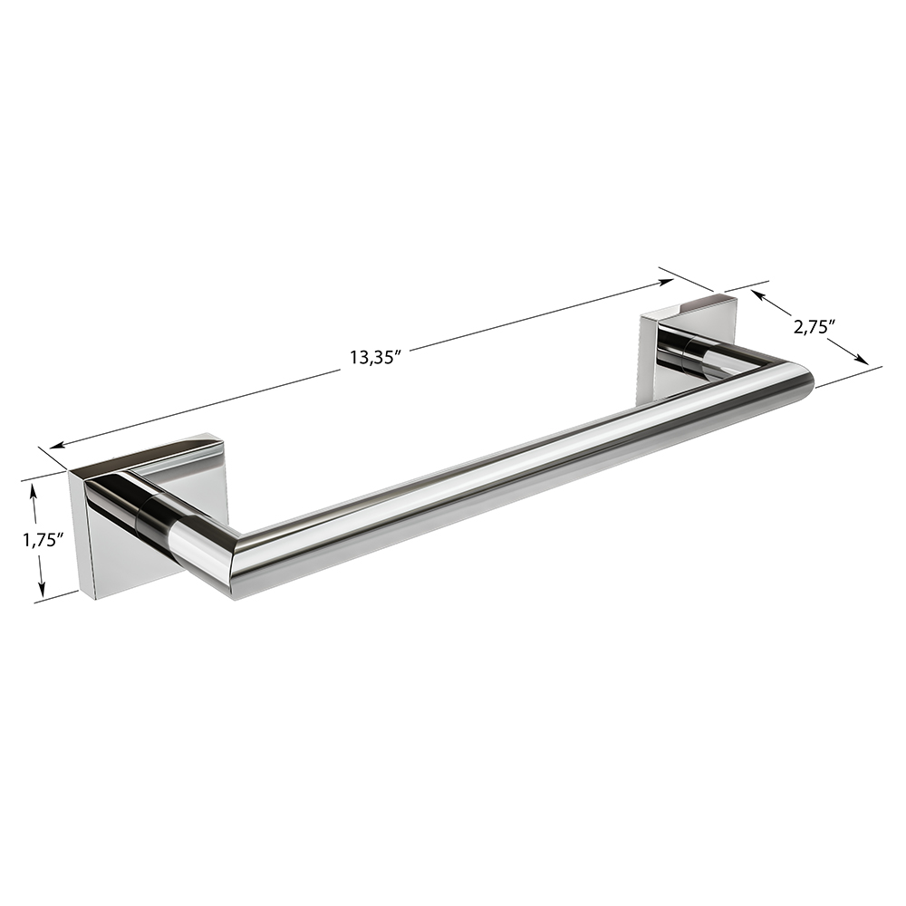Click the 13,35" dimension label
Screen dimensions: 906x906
tap(375, 357)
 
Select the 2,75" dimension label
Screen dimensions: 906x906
tap(815, 326)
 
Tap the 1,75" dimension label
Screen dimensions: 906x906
tap(43, 540)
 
